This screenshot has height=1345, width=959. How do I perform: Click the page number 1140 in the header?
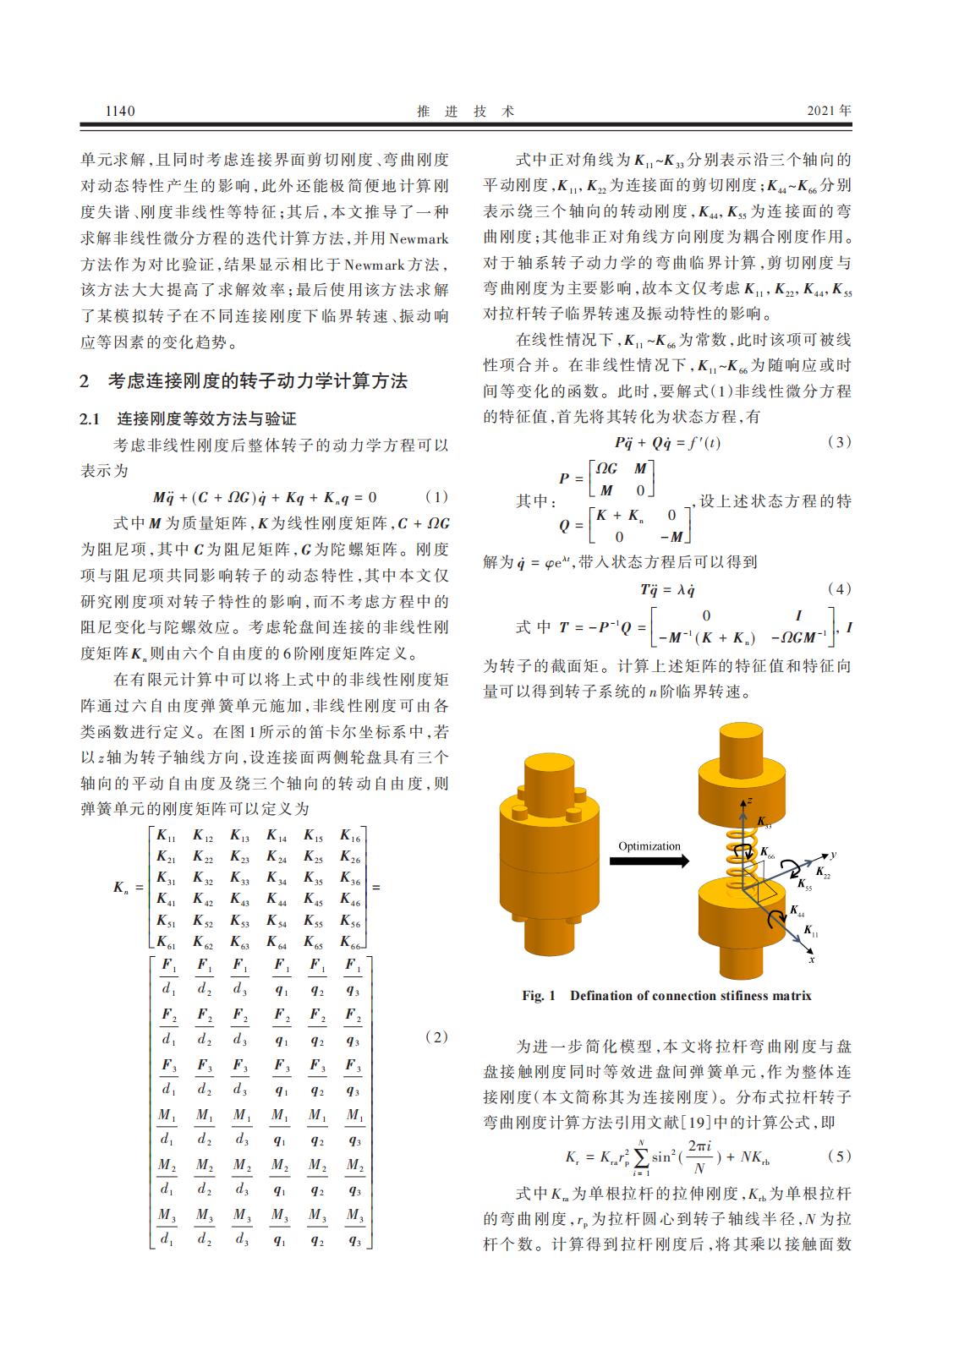click(120, 111)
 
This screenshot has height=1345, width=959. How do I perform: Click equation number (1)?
click(436, 497)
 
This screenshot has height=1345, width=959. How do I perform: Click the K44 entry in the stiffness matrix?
click(277, 900)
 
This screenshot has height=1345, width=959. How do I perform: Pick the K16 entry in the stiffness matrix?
click(350, 837)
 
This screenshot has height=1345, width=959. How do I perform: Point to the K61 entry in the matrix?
click(167, 942)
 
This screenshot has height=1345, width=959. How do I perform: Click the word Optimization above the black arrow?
click(649, 846)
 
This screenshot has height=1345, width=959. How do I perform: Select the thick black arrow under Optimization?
click(649, 861)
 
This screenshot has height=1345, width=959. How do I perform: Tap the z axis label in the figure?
click(750, 799)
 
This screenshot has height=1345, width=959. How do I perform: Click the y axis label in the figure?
click(833, 855)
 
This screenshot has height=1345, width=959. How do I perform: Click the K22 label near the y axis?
click(822, 872)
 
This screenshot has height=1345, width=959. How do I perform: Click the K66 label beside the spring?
click(767, 853)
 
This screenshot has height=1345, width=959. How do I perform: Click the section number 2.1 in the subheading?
click(90, 419)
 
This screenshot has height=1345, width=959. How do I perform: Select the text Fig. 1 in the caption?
click(539, 996)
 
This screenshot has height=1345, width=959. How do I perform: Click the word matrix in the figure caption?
click(792, 996)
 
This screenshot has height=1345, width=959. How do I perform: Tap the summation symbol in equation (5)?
click(640, 1156)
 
